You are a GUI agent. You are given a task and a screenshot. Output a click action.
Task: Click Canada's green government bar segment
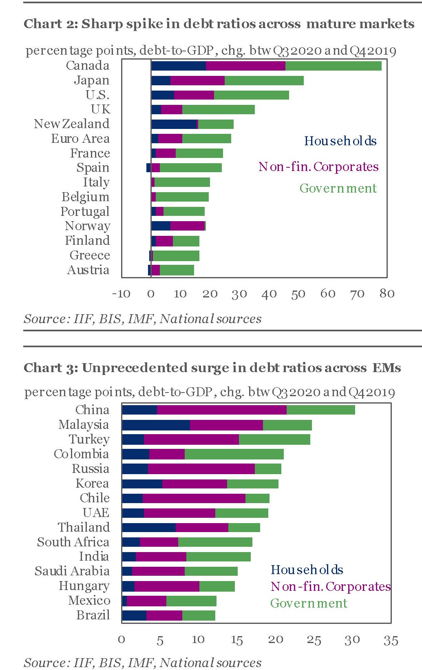pyautogui.click(x=333, y=66)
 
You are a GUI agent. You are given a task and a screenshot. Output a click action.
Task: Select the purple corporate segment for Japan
pyautogui.click(x=197, y=80)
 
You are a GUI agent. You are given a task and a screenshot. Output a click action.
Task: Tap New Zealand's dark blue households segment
pyautogui.click(x=174, y=124)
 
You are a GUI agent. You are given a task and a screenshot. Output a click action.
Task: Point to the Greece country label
pyautogui.click(x=90, y=255)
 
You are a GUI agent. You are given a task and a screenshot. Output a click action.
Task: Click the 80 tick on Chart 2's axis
pyautogui.click(x=387, y=293)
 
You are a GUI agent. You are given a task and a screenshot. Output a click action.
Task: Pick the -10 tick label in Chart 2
pyautogui.click(x=121, y=293)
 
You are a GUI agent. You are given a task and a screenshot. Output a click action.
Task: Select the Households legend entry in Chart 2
pyautogui.click(x=340, y=141)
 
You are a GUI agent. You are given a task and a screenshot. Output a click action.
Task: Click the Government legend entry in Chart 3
pyautogui.click(x=309, y=603)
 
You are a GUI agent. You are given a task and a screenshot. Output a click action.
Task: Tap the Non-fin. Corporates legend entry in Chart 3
pyautogui.click(x=330, y=587)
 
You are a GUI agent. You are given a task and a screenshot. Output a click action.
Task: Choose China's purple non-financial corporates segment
pyautogui.click(x=221, y=410)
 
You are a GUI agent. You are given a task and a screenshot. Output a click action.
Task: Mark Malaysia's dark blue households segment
pyautogui.click(x=156, y=425)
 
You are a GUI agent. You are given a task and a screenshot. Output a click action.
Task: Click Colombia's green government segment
pyautogui.click(x=234, y=454)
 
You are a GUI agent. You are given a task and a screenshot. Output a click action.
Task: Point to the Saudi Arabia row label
pyautogui.click(x=72, y=571)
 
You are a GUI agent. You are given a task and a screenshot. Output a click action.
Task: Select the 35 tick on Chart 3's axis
pyautogui.click(x=390, y=640)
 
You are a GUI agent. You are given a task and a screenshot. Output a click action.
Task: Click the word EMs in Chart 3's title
pyautogui.click(x=386, y=368)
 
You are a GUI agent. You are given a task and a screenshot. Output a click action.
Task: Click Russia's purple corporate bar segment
pyautogui.click(x=201, y=469)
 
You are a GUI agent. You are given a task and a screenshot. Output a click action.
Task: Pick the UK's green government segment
pyautogui.click(x=218, y=109)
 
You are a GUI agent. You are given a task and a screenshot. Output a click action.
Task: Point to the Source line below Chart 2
pyautogui.click(x=142, y=319)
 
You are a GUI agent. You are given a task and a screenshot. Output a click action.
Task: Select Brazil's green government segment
pyautogui.click(x=199, y=615)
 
